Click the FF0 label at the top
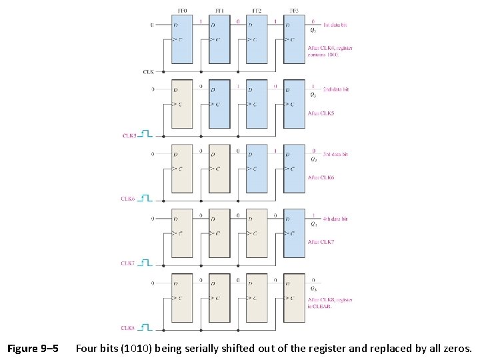181,11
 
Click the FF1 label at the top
219,11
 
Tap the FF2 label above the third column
257,11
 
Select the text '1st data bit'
335,25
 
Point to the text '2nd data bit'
335,89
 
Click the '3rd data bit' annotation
335,154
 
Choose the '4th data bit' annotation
335,219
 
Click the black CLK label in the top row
148,71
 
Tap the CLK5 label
129,135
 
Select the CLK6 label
128,199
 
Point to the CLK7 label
128,263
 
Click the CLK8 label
128,328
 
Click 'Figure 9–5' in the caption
33,349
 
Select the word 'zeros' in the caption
455,349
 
